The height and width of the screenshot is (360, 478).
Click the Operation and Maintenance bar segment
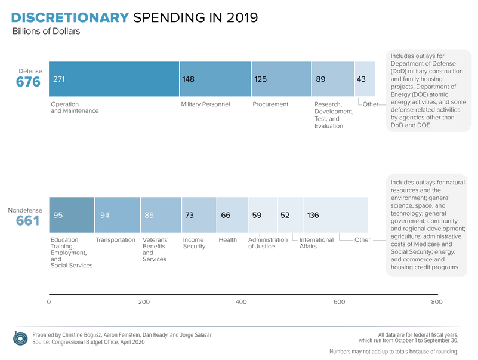113,79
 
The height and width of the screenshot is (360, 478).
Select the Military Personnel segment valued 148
215,79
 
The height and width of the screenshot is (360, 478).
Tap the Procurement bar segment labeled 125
281,79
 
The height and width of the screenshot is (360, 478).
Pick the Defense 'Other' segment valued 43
365,79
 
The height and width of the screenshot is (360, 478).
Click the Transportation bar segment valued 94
118,215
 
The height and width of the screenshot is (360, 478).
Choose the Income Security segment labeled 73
199,215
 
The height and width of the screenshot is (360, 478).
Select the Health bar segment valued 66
233,215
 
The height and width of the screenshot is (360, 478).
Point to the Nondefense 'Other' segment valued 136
335,215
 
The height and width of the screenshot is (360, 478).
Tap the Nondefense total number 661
27,221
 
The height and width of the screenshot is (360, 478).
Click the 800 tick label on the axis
437,302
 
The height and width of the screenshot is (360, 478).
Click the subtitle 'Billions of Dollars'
46,32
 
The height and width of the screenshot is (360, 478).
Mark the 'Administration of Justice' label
267,243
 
